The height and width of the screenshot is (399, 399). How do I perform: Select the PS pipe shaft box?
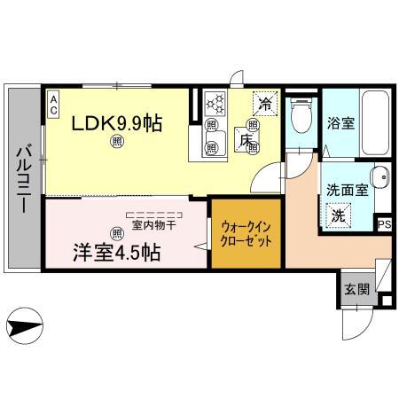(384, 225)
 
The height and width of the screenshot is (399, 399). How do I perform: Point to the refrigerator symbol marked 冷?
(263, 104)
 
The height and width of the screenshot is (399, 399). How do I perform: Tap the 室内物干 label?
(156, 225)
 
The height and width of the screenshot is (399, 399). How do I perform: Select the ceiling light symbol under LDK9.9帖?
(116, 141)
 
